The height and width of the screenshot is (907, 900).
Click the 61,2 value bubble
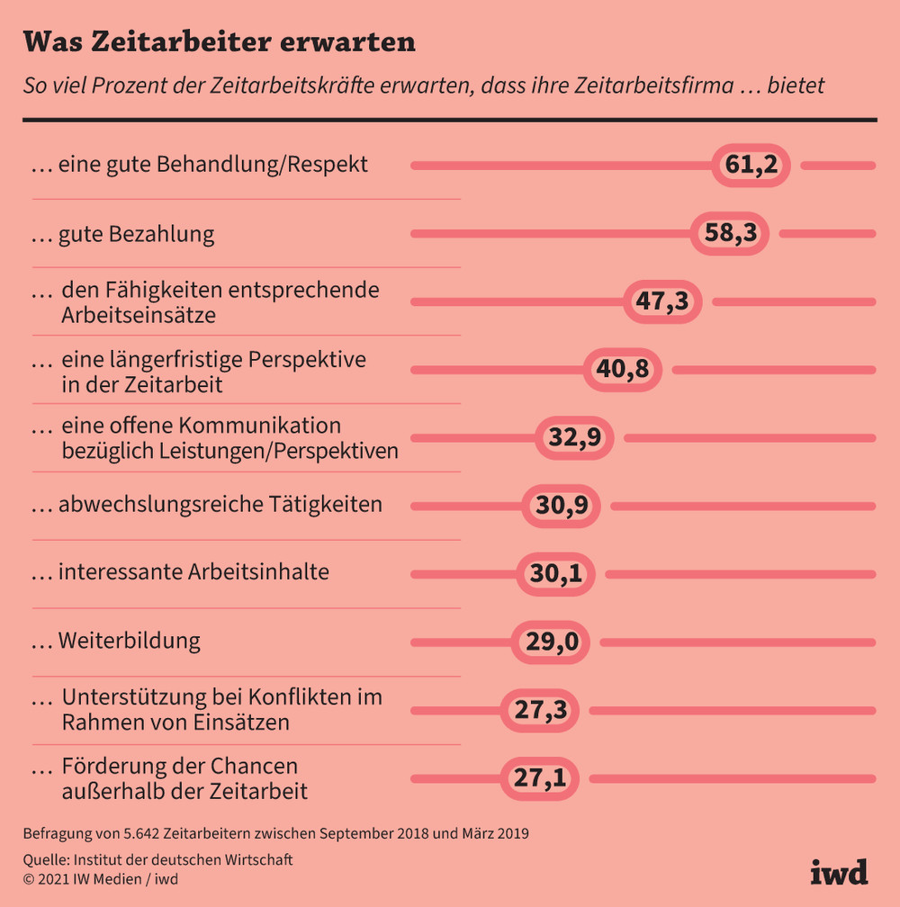[751, 166]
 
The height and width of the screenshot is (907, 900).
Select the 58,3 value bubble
[730, 234]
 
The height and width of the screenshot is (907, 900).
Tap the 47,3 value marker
[662, 301]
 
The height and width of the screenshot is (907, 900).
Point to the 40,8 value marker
[623, 370]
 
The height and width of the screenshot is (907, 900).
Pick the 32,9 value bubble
[574, 438]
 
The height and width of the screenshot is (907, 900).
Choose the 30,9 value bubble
[562, 506]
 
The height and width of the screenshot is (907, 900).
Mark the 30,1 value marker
[555, 574]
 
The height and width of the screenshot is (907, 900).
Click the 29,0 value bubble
[550, 642]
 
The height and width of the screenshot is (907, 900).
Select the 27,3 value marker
[540, 710]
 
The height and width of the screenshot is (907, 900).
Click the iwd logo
[839, 872]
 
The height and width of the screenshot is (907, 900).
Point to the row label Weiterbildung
[129, 642]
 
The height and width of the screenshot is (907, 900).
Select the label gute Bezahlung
[136, 235]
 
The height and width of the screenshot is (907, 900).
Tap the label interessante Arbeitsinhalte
[193, 572]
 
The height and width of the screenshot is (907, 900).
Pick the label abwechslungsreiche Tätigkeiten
[220, 505]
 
